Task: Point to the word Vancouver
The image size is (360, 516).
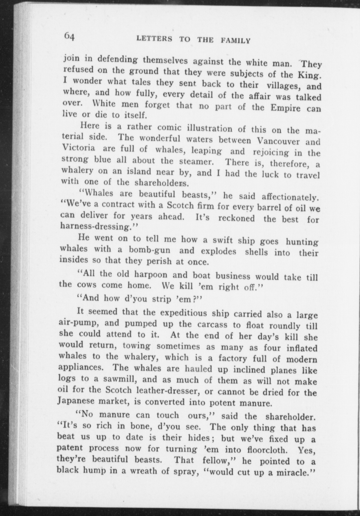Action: (279, 141)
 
